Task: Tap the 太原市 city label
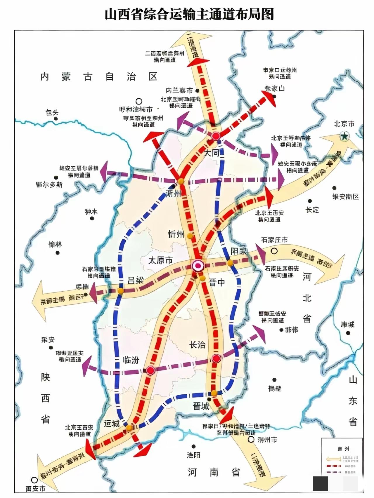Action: [160, 260]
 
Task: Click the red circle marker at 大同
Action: [216, 136]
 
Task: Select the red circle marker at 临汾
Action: [150, 370]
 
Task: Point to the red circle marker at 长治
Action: [216, 358]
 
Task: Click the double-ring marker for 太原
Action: [198, 266]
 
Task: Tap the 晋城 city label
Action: [201, 406]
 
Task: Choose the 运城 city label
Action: [112, 424]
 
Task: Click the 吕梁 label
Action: [136, 281]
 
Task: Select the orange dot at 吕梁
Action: [120, 291]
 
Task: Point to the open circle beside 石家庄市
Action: [274, 251]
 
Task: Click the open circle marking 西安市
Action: [34, 480]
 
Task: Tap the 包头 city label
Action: [52, 112]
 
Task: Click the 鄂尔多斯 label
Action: [49, 184]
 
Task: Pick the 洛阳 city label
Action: [193, 455]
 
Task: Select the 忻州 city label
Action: [176, 234]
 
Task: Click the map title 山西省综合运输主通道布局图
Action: [189, 15]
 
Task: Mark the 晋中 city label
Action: [217, 282]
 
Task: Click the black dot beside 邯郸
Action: [281, 330]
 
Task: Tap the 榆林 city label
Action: [55, 245]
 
